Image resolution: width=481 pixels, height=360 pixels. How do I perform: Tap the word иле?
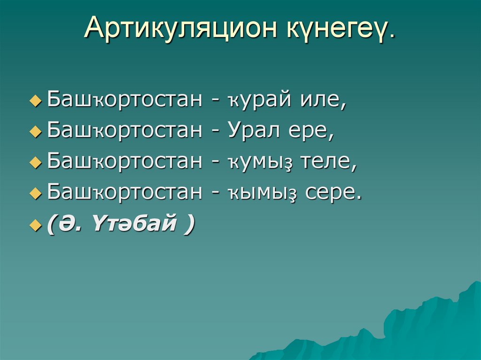click(x=322, y=101)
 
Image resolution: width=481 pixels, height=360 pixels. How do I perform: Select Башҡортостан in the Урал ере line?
click(x=124, y=131)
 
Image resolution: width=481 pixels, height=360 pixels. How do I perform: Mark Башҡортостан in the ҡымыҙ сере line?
click(x=124, y=192)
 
